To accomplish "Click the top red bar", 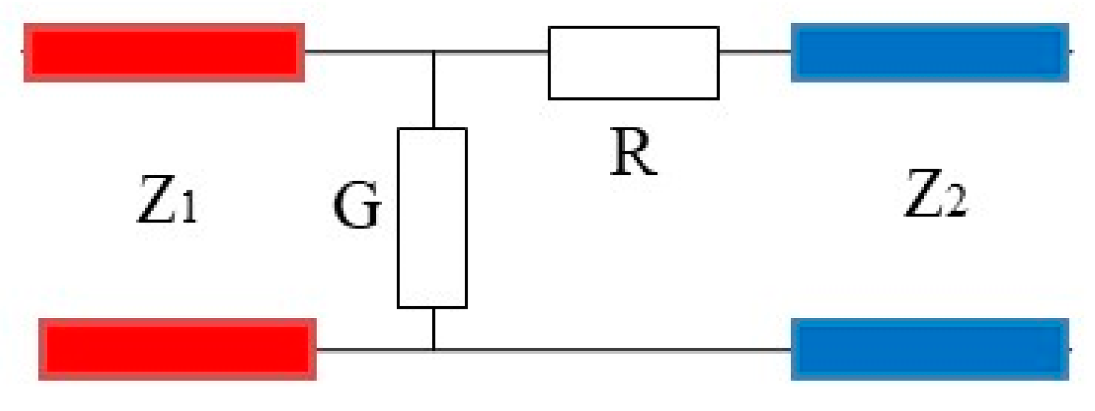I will [x=164, y=53].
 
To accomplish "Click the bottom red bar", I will [x=178, y=349].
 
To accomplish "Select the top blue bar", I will [x=930, y=53].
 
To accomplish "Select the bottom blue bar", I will [x=930, y=349].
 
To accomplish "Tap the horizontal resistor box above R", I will [x=633, y=63].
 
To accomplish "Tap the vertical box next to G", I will [x=432, y=218].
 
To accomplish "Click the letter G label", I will [x=356, y=206].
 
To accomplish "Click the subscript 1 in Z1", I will [x=189, y=207].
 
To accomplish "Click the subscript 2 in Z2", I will [x=956, y=201].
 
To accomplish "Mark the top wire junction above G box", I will [x=434, y=51].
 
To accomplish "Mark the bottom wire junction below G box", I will [x=434, y=350].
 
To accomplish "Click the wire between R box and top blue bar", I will [x=754, y=51].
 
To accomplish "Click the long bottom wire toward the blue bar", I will [x=613, y=350].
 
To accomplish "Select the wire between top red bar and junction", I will [x=369, y=51].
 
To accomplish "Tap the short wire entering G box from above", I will [x=434, y=90].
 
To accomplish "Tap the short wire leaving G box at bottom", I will [x=434, y=329].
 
